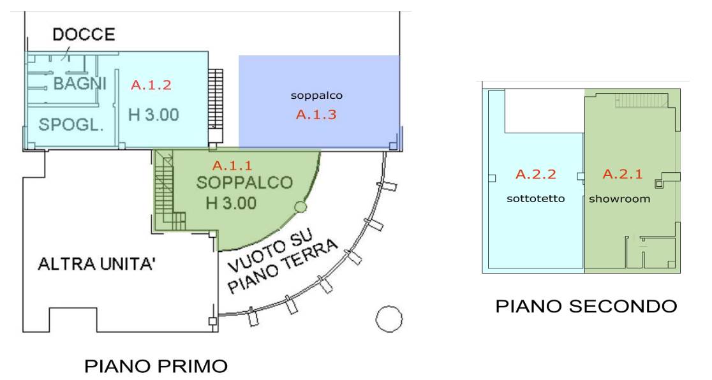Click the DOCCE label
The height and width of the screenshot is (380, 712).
(84, 34)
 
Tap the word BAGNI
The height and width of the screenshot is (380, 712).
(80, 84)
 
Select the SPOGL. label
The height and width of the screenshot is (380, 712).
(71, 124)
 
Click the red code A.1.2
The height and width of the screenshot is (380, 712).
(151, 85)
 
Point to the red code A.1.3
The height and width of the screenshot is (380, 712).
(316, 114)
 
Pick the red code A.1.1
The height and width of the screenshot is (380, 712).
(232, 165)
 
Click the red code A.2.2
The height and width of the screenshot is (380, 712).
(536, 174)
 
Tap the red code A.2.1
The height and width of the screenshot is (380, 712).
(623, 174)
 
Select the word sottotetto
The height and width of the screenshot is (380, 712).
(536, 198)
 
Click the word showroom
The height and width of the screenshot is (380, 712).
(619, 198)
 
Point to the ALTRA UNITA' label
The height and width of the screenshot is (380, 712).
(97, 264)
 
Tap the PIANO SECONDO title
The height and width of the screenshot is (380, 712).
(586, 306)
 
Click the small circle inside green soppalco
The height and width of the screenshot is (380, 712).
(300, 207)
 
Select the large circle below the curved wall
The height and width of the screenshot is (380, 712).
(389, 319)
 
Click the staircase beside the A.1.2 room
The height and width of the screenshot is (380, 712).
(216, 106)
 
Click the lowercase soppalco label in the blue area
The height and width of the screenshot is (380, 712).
(316, 96)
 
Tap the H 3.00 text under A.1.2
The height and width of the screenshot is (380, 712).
(154, 115)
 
